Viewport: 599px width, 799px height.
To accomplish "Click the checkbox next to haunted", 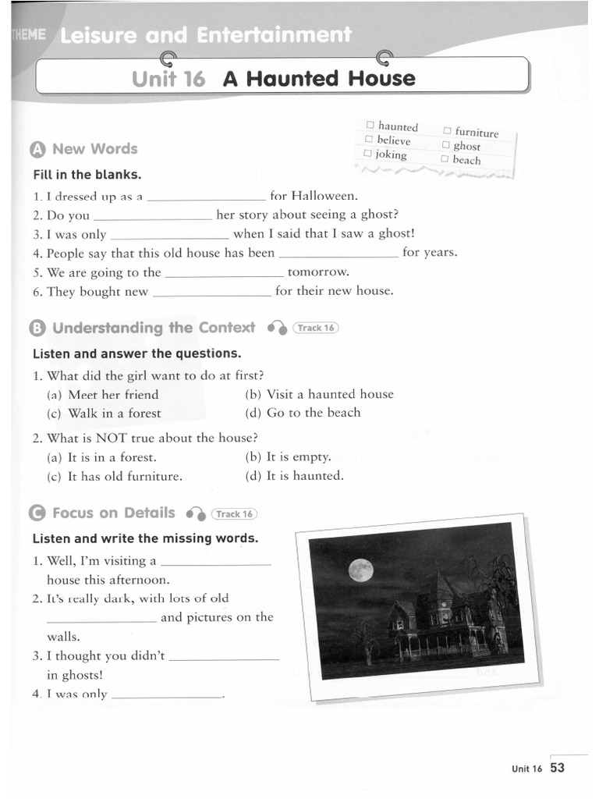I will [x=371, y=125].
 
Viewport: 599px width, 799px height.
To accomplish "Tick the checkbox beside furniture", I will [x=448, y=131].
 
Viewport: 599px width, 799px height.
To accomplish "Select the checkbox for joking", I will [x=368, y=154].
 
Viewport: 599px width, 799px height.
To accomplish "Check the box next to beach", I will [x=445, y=159].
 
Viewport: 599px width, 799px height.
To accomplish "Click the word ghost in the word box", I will [x=467, y=146].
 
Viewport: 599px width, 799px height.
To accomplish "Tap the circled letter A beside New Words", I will [x=38, y=150].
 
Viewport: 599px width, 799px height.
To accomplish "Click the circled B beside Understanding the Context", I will [x=38, y=329].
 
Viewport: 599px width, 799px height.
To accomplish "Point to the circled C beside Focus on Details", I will [x=37, y=513].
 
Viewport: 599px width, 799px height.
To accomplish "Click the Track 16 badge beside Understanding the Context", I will [x=315, y=328].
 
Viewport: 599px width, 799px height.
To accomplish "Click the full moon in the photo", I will [x=360, y=570].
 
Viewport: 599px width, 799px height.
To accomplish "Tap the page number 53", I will [x=557, y=768].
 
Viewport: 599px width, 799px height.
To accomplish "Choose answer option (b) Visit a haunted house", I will [x=319, y=394].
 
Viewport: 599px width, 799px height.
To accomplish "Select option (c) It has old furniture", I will [x=115, y=475].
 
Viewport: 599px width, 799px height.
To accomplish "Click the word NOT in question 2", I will [x=110, y=438].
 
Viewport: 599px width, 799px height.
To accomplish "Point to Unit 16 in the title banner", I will [x=168, y=79].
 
